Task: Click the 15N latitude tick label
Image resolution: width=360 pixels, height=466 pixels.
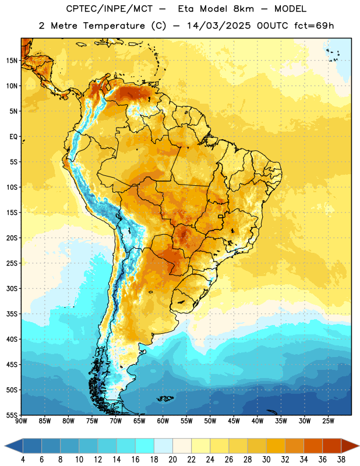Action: tap(12, 61)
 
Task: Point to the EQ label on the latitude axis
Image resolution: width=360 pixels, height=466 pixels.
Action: tap(13, 137)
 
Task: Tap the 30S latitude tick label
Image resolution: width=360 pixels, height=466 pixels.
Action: tap(12, 288)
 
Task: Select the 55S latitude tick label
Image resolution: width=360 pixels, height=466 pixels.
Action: tap(12, 415)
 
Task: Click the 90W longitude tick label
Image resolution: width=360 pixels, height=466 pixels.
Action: tap(21, 421)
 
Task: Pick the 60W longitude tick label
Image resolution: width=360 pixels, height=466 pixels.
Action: tap(163, 421)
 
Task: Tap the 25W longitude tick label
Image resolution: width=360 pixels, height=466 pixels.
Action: tap(328, 421)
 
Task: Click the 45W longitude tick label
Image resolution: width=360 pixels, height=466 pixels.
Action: tap(234, 421)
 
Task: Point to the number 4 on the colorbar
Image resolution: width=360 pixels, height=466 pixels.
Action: tap(23, 460)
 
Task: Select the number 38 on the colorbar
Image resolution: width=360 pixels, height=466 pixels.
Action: tap(341, 460)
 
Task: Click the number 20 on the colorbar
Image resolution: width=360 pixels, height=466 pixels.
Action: tap(172, 460)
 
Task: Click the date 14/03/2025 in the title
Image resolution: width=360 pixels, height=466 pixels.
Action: tap(219, 26)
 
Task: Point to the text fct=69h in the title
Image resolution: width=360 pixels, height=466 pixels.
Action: tap(314, 26)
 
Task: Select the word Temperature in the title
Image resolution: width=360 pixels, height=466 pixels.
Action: tap(114, 26)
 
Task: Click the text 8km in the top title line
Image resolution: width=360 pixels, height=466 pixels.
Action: tap(243, 9)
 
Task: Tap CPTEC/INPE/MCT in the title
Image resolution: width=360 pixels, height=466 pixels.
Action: tap(109, 9)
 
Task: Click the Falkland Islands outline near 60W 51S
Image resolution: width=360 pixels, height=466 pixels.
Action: tap(165, 398)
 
